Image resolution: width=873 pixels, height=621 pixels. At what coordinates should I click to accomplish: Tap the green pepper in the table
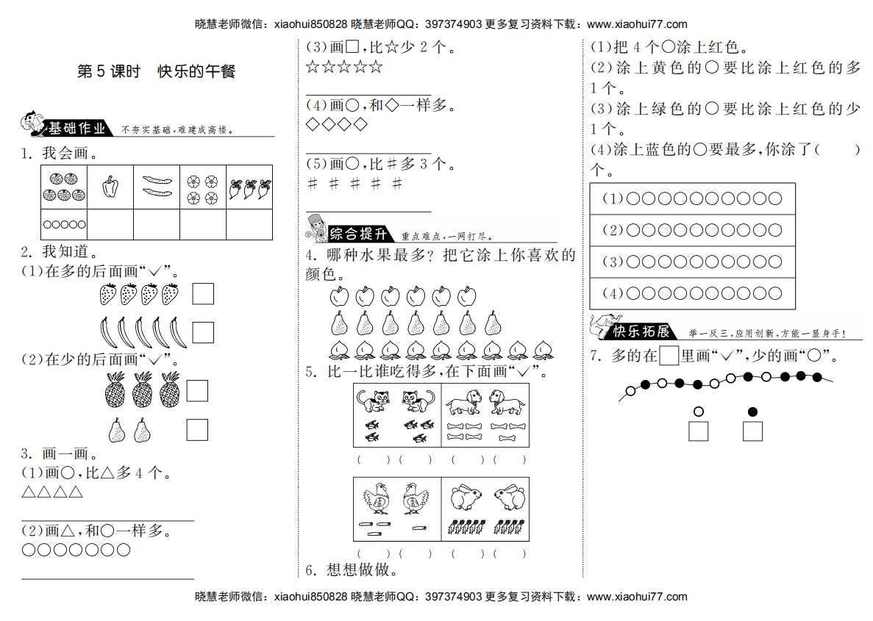[110, 187]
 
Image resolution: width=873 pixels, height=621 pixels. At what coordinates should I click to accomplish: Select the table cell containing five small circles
[64, 224]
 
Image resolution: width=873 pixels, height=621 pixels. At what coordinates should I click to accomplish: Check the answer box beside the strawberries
[203, 294]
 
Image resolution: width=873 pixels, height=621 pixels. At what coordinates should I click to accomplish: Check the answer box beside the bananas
[203, 332]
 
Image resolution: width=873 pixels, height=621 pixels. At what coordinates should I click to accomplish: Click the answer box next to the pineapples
[197, 390]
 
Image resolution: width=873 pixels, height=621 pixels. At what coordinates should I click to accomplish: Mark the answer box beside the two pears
[197, 429]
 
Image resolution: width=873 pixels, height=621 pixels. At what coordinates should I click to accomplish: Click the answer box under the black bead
[752, 431]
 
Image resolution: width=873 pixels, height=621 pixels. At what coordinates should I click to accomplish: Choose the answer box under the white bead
[698, 431]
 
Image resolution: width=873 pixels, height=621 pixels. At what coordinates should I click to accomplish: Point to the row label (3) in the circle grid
[613, 262]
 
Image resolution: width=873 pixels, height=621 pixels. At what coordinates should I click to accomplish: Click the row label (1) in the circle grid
[613, 198]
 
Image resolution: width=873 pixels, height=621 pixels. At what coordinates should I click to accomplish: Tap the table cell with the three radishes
[249, 187]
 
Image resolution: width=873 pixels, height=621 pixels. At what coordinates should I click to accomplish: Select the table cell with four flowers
[203, 187]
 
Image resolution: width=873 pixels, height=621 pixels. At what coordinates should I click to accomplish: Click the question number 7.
[596, 356]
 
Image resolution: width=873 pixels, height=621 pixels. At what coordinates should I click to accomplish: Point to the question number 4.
[311, 256]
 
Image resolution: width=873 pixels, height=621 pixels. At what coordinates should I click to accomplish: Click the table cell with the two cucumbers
[157, 187]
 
